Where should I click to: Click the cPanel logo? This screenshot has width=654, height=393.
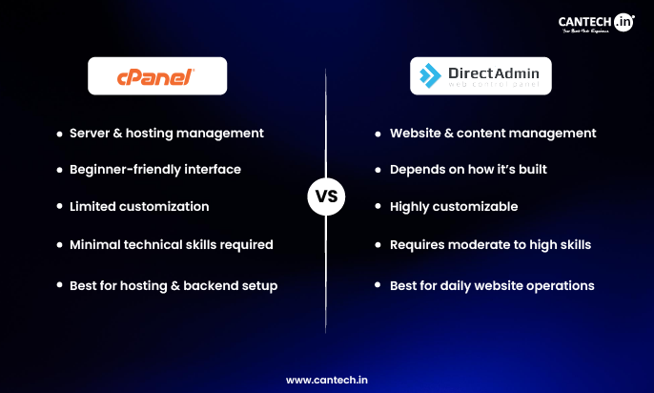pyautogui.click(x=157, y=75)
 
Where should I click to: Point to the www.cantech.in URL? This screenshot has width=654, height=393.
pyautogui.click(x=326, y=379)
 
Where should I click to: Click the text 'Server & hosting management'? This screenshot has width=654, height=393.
pyautogui.click(x=166, y=133)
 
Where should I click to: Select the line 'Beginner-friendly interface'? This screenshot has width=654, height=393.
pyautogui.click(x=154, y=169)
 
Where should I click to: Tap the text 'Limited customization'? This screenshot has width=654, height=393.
pyautogui.click(x=139, y=206)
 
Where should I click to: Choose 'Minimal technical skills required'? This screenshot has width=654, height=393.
pyautogui.click(x=172, y=244)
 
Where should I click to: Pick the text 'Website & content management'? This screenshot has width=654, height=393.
pyautogui.click(x=493, y=133)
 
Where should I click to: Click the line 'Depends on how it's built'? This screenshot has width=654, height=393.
pyautogui.click(x=467, y=169)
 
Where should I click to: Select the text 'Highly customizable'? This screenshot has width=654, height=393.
pyautogui.click(x=454, y=206)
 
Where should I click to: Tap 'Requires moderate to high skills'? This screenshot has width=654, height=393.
pyautogui.click(x=490, y=244)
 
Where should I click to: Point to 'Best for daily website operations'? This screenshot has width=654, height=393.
pyautogui.click(x=492, y=285)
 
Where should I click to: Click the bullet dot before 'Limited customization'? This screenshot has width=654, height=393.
pyautogui.click(x=59, y=207)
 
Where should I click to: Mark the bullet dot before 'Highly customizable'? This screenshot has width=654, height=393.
pyautogui.click(x=379, y=207)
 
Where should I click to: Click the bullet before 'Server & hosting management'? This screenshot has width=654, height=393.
pyautogui.click(x=59, y=134)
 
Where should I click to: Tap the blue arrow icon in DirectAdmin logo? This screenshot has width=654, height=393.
pyautogui.click(x=431, y=75)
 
